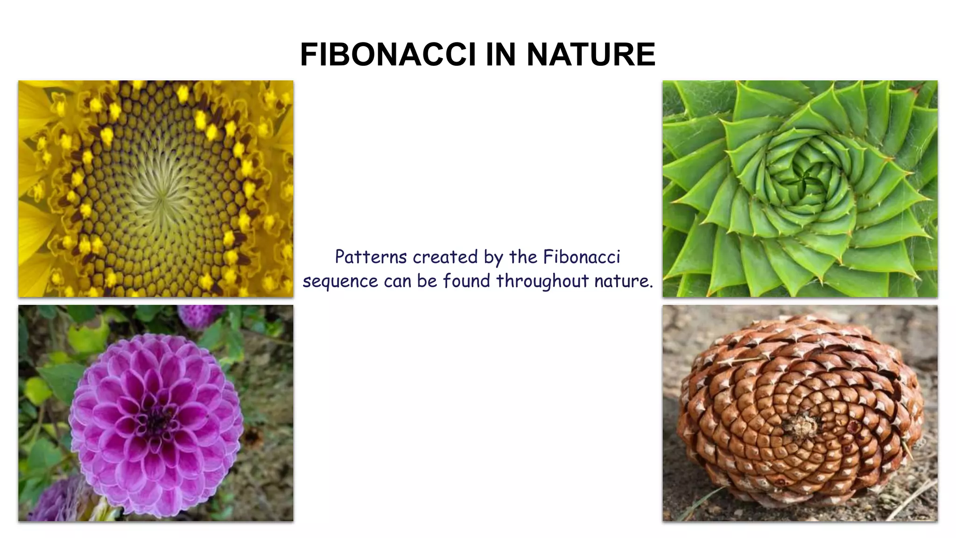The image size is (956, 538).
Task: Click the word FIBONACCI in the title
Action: click(388, 55)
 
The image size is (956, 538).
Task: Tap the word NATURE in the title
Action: click(591, 55)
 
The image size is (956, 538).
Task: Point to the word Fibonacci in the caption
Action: click(582, 257)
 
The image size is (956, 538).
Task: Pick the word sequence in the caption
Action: click(340, 281)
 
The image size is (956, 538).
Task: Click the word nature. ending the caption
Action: click(624, 281)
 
